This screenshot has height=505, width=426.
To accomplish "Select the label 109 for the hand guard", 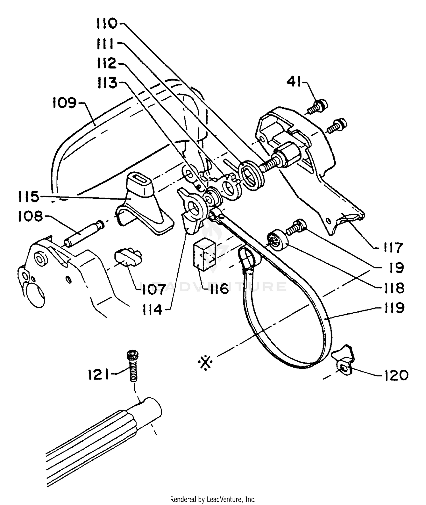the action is [x=64, y=103].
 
